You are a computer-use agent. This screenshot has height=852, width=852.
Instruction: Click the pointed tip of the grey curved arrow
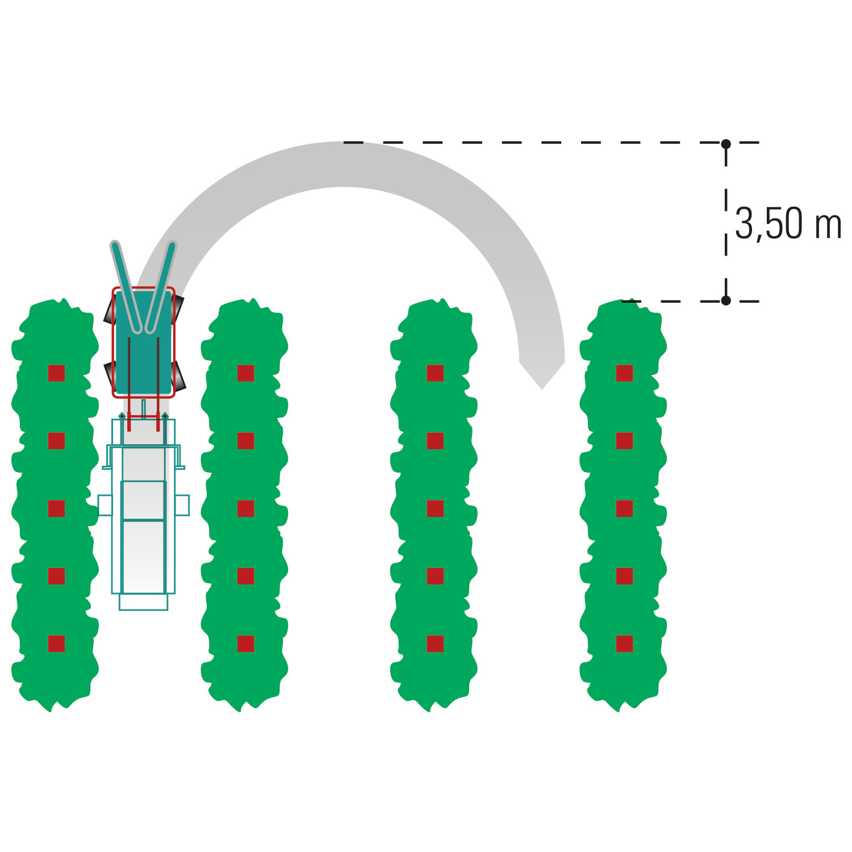point(542,390)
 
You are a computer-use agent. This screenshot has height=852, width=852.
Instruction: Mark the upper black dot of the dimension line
point(726,144)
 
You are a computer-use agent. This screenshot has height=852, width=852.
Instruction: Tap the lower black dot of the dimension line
point(726,300)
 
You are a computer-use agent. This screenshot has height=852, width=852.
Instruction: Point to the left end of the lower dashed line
point(623,301)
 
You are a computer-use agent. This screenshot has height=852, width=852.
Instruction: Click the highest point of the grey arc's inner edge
point(344,187)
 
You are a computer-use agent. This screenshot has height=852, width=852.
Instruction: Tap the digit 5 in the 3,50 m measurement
point(774,224)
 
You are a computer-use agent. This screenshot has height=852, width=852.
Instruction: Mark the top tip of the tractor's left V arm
point(114,244)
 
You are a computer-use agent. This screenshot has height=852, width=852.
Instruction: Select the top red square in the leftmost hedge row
point(56,373)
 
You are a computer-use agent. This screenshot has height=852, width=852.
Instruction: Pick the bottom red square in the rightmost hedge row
point(624,644)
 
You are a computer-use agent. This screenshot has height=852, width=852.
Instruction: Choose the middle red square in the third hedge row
point(435,508)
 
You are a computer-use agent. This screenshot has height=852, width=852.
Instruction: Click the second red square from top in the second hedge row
point(245,441)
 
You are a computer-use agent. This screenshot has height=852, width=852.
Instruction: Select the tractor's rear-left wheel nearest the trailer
point(110,375)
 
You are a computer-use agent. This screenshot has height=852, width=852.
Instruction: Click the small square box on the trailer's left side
point(105,505)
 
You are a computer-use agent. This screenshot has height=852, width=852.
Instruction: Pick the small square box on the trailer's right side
point(182,505)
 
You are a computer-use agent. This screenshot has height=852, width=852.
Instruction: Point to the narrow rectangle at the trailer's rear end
point(143,602)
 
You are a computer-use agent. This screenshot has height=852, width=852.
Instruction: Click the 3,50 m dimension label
point(788,224)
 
